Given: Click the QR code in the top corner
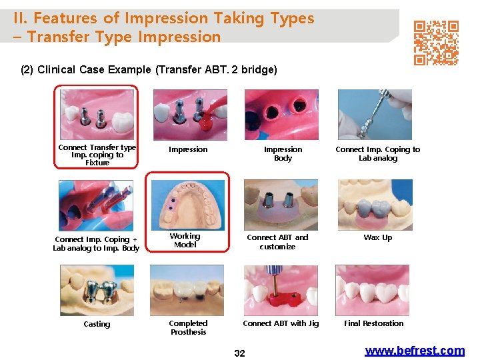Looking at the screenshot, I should [x=436, y=43].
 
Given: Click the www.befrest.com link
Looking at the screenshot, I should [x=415, y=351].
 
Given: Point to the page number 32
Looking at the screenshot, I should [x=239, y=353].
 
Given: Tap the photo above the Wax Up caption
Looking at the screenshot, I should [x=375, y=205].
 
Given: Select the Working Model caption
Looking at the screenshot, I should [x=185, y=241].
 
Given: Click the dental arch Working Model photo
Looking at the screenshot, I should [x=187, y=205].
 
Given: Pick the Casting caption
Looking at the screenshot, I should [x=97, y=324].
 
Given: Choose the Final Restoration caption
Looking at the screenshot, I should [x=373, y=323].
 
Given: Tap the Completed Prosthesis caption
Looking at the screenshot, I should [x=188, y=327].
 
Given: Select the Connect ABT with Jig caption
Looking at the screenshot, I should [x=281, y=323].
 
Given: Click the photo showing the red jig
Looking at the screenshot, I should [x=280, y=290].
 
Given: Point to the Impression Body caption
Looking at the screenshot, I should [x=283, y=154].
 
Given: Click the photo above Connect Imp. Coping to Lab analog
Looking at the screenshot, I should [x=375, y=115].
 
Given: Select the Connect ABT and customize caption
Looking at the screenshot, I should [x=277, y=242].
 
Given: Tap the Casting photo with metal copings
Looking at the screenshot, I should [x=97, y=290].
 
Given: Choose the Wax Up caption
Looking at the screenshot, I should [x=377, y=237].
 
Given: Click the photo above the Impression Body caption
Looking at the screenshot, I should [x=281, y=115].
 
